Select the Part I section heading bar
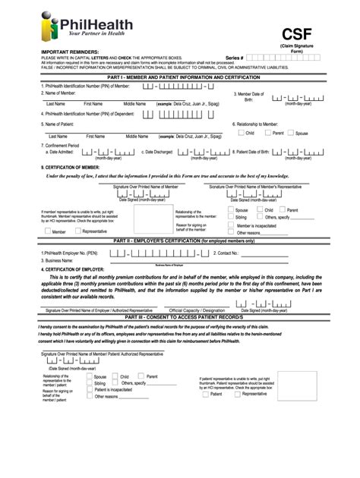coord(180,78)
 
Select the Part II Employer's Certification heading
coord(180,241)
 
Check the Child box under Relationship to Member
coord(241,134)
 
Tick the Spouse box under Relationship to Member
coord(289,134)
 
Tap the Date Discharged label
coord(159,152)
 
